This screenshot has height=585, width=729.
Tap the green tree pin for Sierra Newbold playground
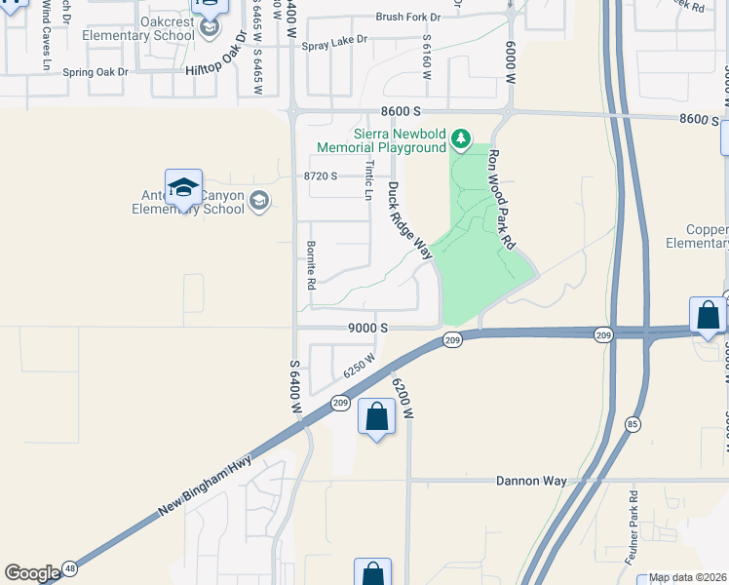point(462,140)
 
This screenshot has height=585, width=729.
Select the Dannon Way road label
point(531,481)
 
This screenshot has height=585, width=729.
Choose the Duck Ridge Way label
point(409,220)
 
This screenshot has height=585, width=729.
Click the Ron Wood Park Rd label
point(502,199)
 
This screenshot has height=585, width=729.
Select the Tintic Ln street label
point(368,181)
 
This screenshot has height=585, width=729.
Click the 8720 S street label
point(320,175)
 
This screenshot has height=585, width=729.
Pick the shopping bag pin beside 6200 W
point(377,416)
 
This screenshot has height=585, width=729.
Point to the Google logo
point(31,573)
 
